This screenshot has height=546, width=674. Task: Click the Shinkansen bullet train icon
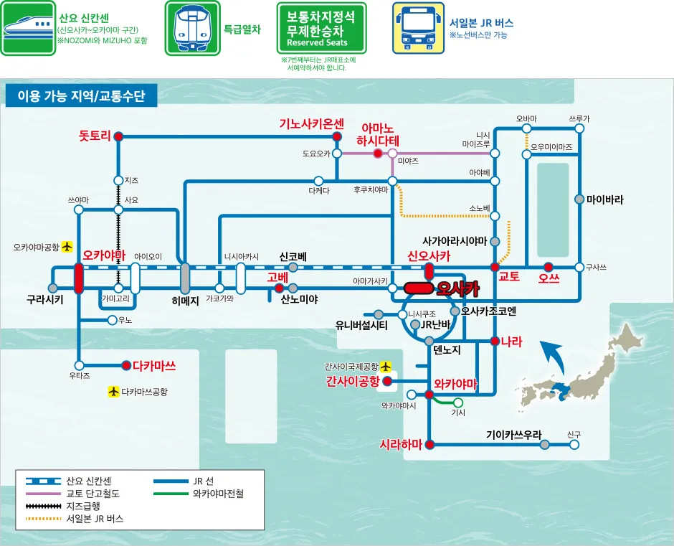tap(28, 28)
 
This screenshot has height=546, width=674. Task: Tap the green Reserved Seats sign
tap(321, 28)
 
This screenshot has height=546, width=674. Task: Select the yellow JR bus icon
tap(418, 28)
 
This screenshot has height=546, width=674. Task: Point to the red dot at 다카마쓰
tap(126, 365)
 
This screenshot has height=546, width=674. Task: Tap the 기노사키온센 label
tap(312, 124)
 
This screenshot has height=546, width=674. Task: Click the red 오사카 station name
tap(457, 288)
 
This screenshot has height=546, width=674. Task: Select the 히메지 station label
tap(186, 301)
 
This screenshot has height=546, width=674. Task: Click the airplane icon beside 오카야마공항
tap(68, 247)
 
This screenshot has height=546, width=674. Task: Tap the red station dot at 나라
tap(495, 342)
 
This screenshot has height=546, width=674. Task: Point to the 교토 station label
tap(509, 277)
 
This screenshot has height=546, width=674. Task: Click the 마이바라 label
tap(604, 199)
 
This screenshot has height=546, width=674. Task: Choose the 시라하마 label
tap(401, 444)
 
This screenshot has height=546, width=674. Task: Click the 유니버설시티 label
tap(361, 325)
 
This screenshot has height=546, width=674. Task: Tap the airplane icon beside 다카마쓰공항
tap(113, 392)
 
